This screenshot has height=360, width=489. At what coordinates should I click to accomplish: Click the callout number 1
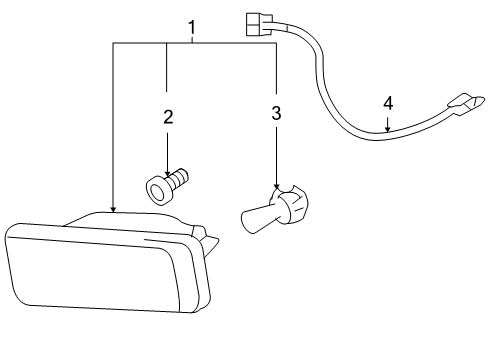[x=192, y=26]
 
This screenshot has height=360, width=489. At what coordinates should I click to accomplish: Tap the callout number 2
[x=168, y=117]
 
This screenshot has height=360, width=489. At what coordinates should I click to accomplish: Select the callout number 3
[x=276, y=113]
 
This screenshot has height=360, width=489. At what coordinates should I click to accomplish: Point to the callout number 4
[x=387, y=102]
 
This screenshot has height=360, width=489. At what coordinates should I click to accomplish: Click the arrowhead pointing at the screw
[x=168, y=174]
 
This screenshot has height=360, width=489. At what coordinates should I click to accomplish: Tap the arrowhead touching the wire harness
[x=387, y=129]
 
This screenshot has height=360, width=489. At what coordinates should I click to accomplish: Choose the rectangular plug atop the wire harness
[x=258, y=20]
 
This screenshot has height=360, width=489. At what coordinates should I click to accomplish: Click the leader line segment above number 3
[x=276, y=70]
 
